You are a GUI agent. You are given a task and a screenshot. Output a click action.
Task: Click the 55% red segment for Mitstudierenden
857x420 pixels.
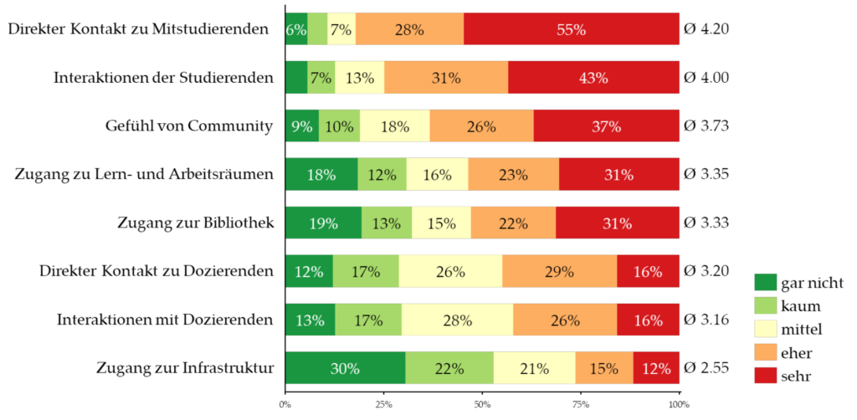[571, 29]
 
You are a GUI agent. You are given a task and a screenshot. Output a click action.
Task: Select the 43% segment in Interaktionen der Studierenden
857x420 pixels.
[593, 78]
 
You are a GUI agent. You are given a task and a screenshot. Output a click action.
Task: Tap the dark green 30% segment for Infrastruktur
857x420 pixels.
[345, 368]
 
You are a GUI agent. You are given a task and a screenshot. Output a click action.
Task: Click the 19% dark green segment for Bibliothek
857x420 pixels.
[323, 223]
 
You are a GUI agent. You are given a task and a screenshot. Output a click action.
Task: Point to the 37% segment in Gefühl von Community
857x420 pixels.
[606, 126]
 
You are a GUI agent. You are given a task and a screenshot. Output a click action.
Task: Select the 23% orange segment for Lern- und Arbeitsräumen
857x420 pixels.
[513, 175]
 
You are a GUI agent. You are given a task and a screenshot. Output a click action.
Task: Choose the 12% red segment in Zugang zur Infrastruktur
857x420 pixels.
[656, 368]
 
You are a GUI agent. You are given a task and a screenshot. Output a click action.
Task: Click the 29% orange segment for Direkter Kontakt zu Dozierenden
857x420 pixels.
[559, 271]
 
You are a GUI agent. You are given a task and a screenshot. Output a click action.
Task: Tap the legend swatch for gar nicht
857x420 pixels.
[765, 282]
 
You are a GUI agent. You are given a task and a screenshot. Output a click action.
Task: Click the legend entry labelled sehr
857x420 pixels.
[794, 377]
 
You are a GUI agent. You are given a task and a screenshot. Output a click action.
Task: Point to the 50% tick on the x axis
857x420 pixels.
[482, 405]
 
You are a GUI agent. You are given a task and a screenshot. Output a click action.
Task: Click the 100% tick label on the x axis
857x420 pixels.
[679, 405]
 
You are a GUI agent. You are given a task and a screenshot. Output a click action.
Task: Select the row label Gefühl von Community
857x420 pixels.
[189, 126]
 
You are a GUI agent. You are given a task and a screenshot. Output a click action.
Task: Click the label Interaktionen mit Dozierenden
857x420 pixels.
[165, 320]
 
